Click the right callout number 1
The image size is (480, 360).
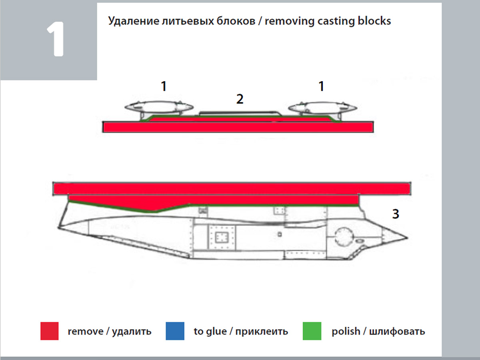coord(320,86)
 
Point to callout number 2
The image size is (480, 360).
coord(240,99)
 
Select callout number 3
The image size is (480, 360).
coord(395,214)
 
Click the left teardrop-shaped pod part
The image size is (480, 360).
coord(159,106)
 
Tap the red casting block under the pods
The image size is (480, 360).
coord(238,127)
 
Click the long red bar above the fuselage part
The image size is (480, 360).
coord(232,188)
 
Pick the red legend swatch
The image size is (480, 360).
coord(50,331)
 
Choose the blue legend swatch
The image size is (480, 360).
coord(175,331)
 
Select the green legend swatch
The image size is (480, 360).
coord(312,331)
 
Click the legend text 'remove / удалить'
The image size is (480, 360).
coord(110,332)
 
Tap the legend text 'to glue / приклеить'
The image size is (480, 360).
coord(241,332)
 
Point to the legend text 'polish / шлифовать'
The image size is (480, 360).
coord(378,332)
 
